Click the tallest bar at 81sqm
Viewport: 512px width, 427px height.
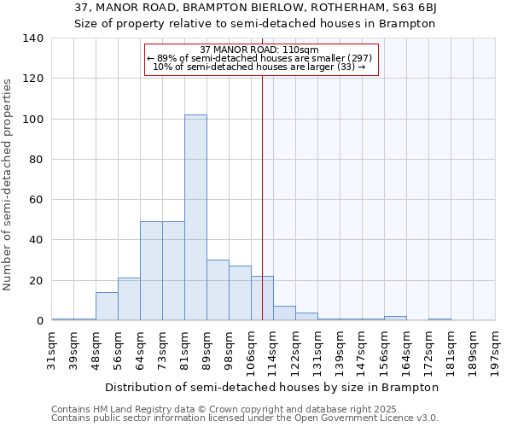[195, 218]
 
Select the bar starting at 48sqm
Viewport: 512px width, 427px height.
[107, 307]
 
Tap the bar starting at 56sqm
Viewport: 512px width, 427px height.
[129, 299]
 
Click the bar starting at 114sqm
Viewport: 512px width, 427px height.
[284, 313]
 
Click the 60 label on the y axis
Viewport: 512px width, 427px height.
[37, 200]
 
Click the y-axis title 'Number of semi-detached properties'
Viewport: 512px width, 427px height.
[8, 184]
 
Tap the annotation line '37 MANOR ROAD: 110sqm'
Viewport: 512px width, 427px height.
[259, 50]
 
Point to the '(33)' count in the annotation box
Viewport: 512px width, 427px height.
[346, 67]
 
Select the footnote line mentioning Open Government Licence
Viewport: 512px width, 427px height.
[245, 418]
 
